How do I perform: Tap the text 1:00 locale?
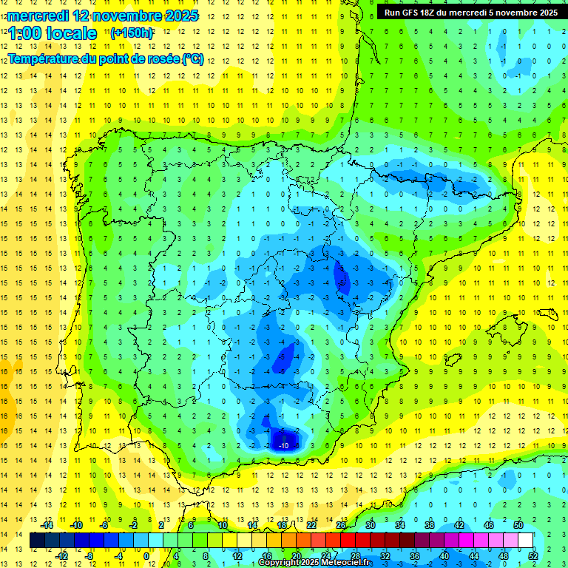[x=53, y=33]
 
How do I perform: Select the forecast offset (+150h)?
[x=132, y=33]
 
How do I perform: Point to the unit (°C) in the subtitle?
[x=193, y=58]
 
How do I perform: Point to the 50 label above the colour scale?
[x=518, y=524]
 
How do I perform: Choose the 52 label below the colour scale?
[x=533, y=555]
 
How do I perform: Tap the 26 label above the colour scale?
[x=341, y=524]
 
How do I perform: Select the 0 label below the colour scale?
[x=146, y=555]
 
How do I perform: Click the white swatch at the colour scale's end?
[x=525, y=541]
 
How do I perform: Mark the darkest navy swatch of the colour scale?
[x=37, y=541]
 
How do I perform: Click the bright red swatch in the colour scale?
[x=348, y=541]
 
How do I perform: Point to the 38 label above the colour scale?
[x=430, y=524]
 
